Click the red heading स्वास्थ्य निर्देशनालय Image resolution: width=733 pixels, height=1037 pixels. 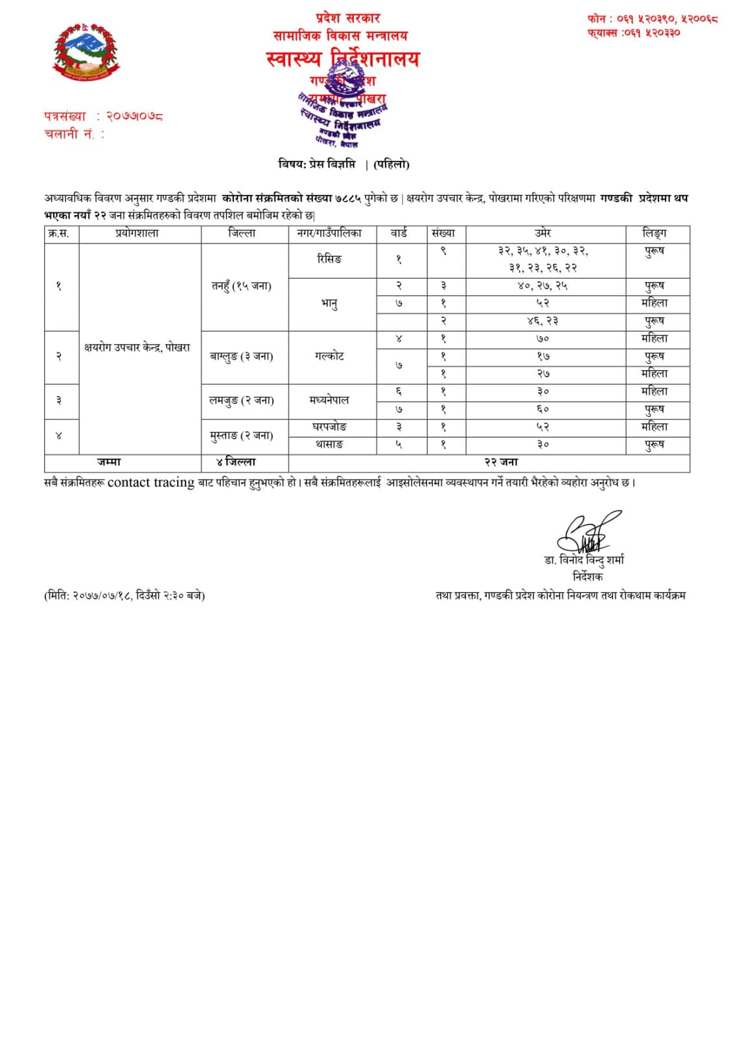tap(342, 59)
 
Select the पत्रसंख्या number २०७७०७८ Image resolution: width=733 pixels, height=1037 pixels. tap(135, 116)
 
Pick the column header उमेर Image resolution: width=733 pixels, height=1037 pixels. tap(542, 233)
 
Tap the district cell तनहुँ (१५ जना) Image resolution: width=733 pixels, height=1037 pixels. tap(242, 286)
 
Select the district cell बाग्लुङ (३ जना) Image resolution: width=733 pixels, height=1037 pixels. tap(241, 356)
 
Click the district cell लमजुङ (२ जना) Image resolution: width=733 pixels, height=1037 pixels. tap(241, 401)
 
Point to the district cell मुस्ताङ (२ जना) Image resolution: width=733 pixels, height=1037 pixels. tap(241, 436)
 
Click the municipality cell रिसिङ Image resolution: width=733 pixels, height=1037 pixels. tap(330, 259)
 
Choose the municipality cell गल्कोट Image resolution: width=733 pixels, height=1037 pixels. tap(330, 356)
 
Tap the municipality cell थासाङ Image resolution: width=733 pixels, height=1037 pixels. tap(330, 445)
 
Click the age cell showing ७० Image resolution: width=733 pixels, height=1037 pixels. tap(542, 339)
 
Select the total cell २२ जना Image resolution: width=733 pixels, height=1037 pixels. tap(501, 462)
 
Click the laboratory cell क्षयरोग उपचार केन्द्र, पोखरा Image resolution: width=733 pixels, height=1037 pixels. tap(137, 347)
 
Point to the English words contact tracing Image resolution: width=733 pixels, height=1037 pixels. tap(151, 483)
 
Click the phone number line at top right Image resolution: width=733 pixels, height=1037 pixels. tap(652, 19)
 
